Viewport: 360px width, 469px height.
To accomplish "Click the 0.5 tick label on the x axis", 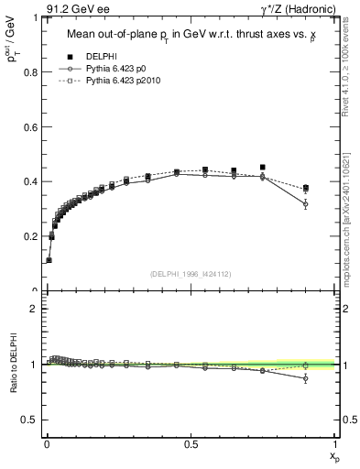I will click(x=191, y=443).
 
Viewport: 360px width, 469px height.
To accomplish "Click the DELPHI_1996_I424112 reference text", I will click(x=191, y=274).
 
